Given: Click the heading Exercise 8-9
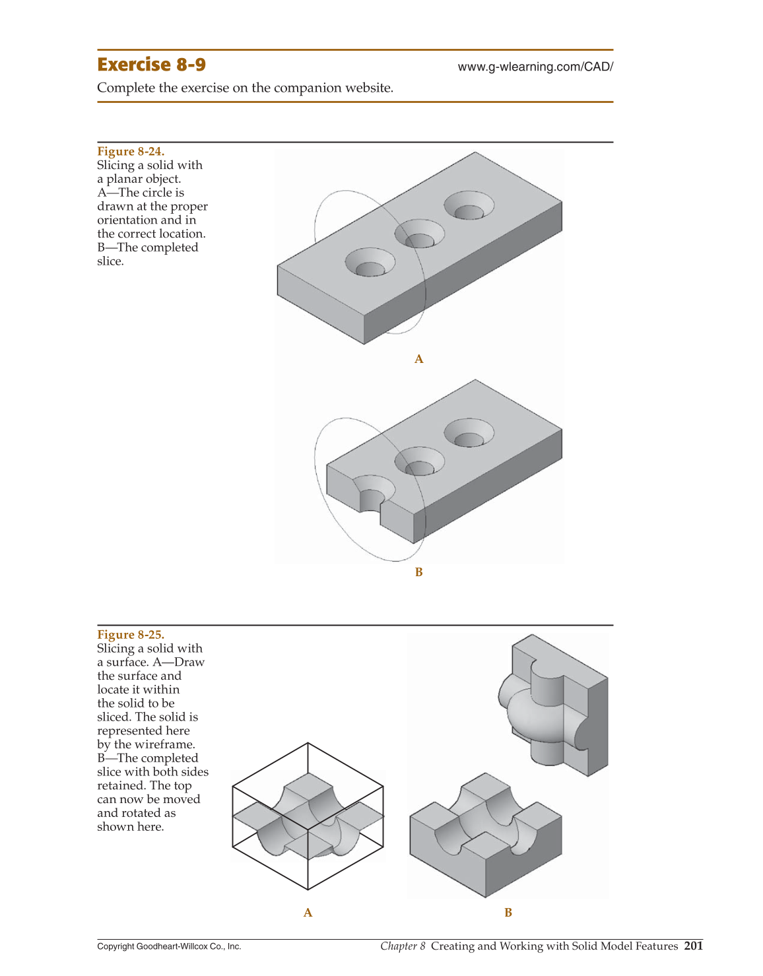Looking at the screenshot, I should (151, 65).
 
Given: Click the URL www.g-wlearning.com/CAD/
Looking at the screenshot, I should (535, 67).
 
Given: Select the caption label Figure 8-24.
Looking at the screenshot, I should (131, 151).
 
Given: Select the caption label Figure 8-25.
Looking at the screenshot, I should (131, 634).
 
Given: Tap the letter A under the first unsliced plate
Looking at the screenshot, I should (418, 359).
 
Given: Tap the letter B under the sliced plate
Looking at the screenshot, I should (418, 572).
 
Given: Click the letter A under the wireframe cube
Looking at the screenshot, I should (308, 913).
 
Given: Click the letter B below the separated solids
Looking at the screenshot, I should (508, 913).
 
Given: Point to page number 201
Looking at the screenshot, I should (693, 946).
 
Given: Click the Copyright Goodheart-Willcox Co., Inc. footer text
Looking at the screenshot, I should (169, 946).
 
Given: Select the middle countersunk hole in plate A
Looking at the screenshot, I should (419, 234).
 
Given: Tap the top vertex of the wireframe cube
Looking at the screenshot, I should (308, 743).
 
